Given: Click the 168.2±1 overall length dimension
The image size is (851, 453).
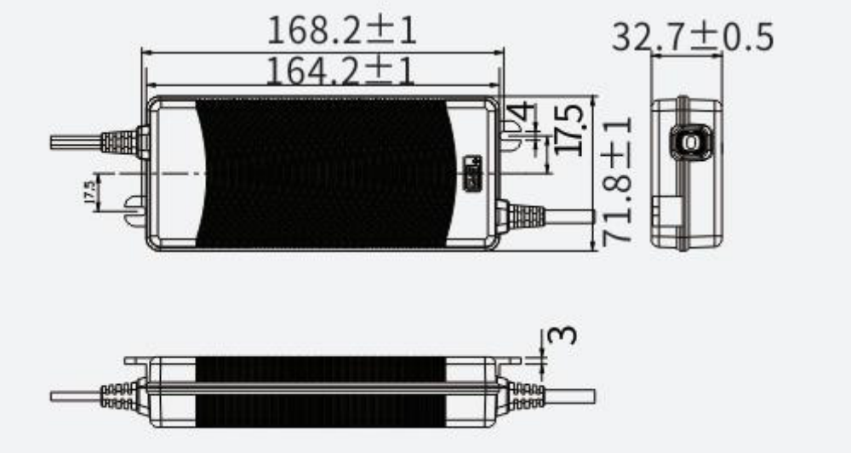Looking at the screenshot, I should tap(341, 31).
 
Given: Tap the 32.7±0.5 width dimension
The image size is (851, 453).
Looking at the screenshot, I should tap(692, 37).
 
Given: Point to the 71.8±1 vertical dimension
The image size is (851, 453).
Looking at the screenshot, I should tap(619, 181).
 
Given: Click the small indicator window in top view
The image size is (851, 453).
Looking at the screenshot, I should tap(471, 170).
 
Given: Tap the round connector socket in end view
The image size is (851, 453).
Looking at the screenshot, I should tap(688, 140).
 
